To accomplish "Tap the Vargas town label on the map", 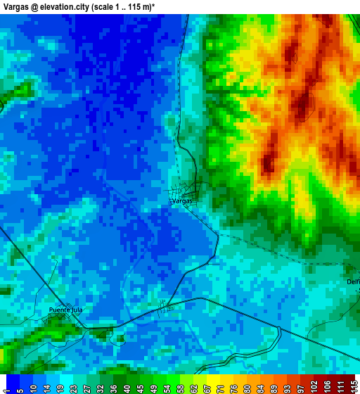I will (x=181, y=201).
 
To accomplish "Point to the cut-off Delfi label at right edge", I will (x=353, y=282).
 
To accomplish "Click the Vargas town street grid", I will (x=189, y=190).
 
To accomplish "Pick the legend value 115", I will (x=353, y=385).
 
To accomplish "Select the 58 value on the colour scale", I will (x=180, y=385).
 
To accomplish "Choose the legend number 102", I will (x=313, y=385).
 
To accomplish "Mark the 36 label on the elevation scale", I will (x=113, y=385).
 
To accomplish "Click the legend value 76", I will (x=233, y=385).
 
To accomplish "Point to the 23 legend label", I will (x=73, y=385).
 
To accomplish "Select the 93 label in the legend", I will (x=286, y=385).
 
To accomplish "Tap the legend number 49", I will (x=153, y=385).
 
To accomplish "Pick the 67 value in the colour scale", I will (x=207, y=385).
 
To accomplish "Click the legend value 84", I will (x=259, y=385).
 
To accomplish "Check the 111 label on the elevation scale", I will (x=340, y=385).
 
